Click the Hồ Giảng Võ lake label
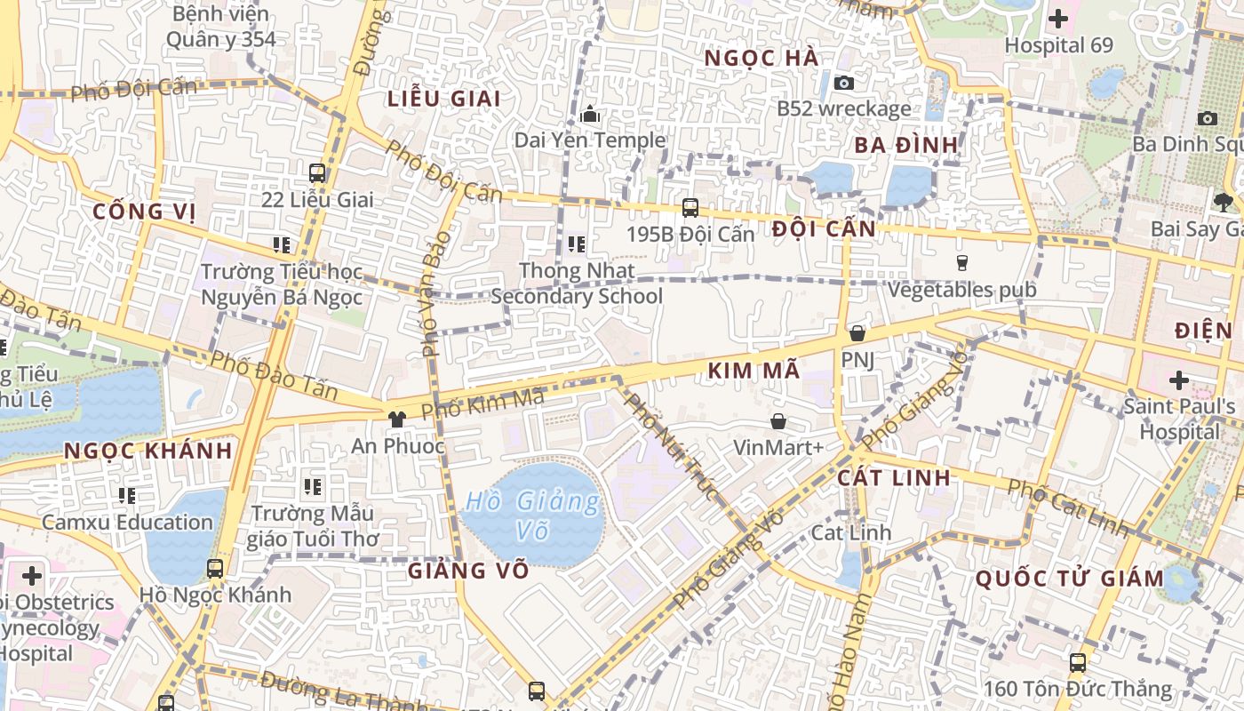tap(533, 515)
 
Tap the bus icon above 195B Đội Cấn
tap(690, 208)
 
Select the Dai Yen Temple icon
tap(589, 115)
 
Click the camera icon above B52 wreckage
tap(844, 83)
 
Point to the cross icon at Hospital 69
tap(1058, 18)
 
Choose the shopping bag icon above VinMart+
tap(778, 421)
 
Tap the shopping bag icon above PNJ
tap(857, 333)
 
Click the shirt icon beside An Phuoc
tap(396, 419)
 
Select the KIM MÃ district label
tap(754, 371)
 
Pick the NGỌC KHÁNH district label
tap(148, 451)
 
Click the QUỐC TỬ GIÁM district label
tap(1070, 579)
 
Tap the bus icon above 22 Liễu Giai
tap(317, 173)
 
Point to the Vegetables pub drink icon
tap(961, 262)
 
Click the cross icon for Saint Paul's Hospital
tap(1178, 380)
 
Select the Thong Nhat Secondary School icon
tap(577, 244)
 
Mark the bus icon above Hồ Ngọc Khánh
tap(215, 568)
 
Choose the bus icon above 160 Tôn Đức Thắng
tap(1077, 662)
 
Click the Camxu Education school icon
tap(127, 495)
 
